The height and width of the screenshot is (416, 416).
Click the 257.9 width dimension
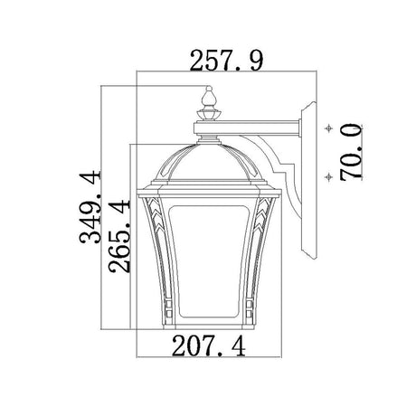[x=226, y=61]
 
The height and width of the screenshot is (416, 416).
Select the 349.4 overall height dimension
[x=90, y=207]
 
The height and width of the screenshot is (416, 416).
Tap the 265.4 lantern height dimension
[x=119, y=236]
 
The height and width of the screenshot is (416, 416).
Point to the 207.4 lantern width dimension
[x=209, y=346]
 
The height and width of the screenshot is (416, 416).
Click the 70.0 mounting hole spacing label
[x=352, y=152]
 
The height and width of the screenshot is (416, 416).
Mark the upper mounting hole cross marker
[x=329, y=128]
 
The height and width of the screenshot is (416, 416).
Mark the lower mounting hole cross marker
[x=329, y=176]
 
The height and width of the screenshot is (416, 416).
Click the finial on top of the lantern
[x=209, y=103]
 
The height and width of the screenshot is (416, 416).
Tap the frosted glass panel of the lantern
[x=209, y=261]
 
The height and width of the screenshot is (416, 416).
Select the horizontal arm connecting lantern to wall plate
[x=247, y=128]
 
